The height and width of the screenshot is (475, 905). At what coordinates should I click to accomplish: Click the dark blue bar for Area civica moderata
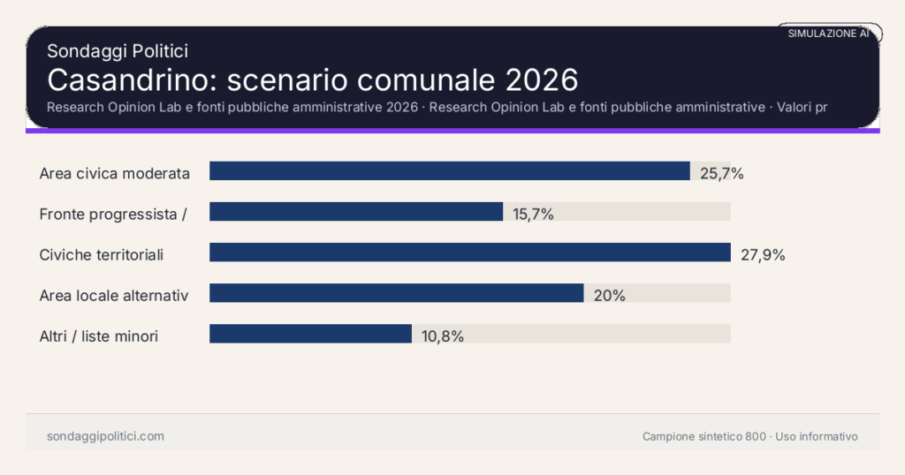(x=449, y=171)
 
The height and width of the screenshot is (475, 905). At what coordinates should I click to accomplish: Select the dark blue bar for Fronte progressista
(x=356, y=212)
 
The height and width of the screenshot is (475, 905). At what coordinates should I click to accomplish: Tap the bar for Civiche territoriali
(x=469, y=253)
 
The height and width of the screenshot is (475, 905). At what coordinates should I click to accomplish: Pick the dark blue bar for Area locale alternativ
(x=396, y=293)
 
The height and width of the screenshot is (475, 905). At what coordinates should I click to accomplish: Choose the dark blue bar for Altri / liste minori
(x=310, y=334)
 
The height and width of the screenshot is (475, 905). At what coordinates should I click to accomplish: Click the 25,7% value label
(x=721, y=174)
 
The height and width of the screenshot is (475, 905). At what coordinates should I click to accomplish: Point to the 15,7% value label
(x=533, y=215)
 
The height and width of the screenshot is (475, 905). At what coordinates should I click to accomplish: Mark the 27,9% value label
(x=762, y=255)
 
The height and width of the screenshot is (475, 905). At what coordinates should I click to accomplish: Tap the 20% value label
(x=609, y=296)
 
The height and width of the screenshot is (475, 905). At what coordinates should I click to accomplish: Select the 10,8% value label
(x=442, y=336)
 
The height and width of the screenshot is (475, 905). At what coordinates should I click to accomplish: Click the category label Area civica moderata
(x=115, y=174)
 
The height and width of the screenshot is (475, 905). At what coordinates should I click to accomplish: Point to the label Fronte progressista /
(x=113, y=215)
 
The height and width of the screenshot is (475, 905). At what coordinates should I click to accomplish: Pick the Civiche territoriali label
(x=102, y=255)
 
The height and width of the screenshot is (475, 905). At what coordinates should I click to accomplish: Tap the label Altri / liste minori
(x=99, y=336)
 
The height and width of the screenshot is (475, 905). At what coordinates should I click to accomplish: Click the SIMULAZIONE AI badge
(x=828, y=34)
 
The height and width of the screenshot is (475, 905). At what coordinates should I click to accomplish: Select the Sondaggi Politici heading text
(x=117, y=51)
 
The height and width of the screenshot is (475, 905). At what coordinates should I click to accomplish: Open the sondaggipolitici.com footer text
(x=105, y=436)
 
